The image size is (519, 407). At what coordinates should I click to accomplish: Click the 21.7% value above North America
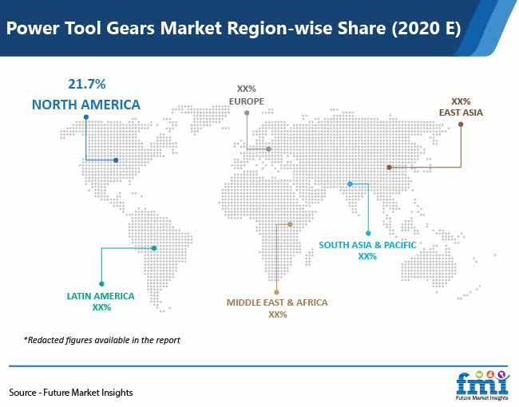(x=87, y=84)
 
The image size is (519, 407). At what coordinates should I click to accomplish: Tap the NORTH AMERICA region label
(x=86, y=105)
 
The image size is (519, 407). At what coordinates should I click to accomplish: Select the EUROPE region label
(x=247, y=101)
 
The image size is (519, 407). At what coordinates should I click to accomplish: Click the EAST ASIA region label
(x=461, y=113)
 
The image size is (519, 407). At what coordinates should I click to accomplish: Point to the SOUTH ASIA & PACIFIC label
(x=367, y=245)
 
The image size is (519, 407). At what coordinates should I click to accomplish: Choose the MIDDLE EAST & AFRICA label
(x=277, y=302)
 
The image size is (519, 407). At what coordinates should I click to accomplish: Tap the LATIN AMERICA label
(x=101, y=296)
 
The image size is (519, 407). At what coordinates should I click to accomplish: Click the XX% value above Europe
(x=247, y=89)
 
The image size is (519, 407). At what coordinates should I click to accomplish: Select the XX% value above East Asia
(x=461, y=101)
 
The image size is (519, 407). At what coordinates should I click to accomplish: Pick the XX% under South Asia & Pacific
(x=367, y=256)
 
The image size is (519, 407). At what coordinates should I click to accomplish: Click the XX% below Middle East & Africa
(x=278, y=314)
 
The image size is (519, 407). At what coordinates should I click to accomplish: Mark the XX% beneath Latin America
(x=101, y=307)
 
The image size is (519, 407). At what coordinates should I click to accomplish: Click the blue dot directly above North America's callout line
(x=86, y=117)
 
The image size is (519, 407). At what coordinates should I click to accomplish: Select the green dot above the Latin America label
(x=101, y=284)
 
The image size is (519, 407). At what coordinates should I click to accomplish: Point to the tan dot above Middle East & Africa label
(x=276, y=292)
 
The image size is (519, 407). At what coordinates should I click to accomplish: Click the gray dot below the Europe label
(x=247, y=113)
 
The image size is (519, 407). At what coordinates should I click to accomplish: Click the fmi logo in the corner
(x=482, y=385)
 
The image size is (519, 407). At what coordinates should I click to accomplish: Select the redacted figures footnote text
(x=102, y=340)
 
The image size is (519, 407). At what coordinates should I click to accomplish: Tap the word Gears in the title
(x=130, y=28)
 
